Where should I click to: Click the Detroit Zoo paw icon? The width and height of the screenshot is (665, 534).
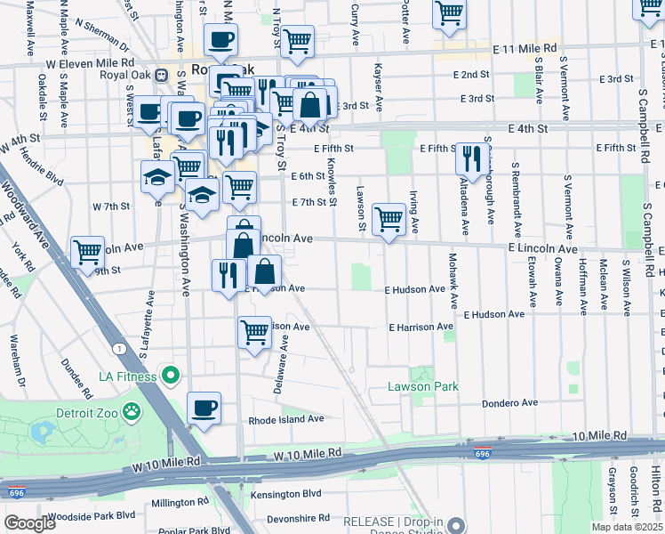132,411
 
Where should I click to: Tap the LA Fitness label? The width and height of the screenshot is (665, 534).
121,376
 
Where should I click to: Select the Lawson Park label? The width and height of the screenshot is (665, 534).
422,386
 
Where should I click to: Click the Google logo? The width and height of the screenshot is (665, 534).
29,523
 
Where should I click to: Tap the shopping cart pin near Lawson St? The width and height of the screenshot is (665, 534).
389,219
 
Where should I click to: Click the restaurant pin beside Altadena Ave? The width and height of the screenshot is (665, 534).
470,158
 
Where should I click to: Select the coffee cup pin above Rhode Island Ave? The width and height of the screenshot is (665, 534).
204,409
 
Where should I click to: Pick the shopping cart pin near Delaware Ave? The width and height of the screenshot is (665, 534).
254,333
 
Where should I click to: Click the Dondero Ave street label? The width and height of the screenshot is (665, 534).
511,403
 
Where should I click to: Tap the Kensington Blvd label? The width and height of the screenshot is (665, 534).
284,492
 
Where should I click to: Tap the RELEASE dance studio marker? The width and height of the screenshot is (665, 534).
456,524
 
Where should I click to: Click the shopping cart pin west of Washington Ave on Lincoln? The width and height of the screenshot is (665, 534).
87,253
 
